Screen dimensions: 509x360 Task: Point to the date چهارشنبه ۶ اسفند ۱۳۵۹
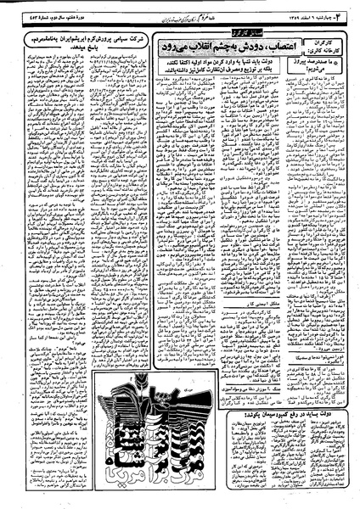pyautogui.click(x=315, y=17)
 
